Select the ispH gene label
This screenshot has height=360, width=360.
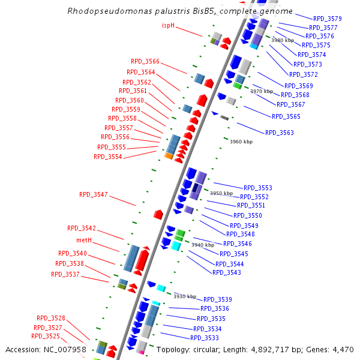click(x=168, y=25)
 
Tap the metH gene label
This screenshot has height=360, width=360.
click(x=84, y=240)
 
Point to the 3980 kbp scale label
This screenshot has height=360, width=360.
click(x=283, y=40)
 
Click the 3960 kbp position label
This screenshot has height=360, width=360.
click(x=241, y=142)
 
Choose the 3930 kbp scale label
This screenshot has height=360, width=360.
click(x=185, y=296)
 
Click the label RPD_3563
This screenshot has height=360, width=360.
click(x=280, y=133)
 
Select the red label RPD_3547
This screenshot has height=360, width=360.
click(x=94, y=194)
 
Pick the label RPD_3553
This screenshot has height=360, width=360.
click(x=258, y=188)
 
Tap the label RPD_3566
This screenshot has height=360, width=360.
click(x=145, y=61)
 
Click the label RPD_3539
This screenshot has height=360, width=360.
click(x=218, y=299)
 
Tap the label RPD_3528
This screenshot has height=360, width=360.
click(x=51, y=318)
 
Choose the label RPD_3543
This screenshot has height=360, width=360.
click(x=227, y=272)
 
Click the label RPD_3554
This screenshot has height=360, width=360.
click(x=108, y=157)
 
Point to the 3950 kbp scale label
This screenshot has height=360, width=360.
click(x=221, y=193)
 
